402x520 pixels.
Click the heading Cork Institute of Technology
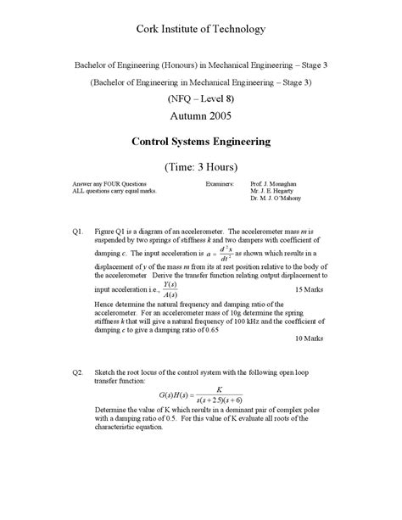tap(201, 30)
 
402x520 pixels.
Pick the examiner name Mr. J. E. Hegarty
tap(274, 191)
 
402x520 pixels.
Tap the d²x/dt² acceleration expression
tap(224, 254)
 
